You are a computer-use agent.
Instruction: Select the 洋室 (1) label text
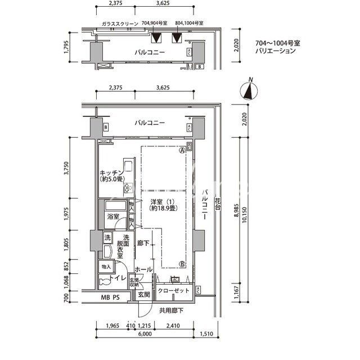click(x=161, y=201)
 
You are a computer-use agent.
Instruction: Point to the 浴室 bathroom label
click(x=112, y=217)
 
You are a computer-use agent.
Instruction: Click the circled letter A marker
click(x=182, y=151)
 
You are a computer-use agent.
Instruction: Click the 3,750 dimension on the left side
click(x=66, y=169)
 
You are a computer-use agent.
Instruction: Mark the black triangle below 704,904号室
click(x=156, y=38)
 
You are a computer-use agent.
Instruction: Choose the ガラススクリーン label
click(x=120, y=24)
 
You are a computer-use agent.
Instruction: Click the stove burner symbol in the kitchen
click(x=127, y=187)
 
